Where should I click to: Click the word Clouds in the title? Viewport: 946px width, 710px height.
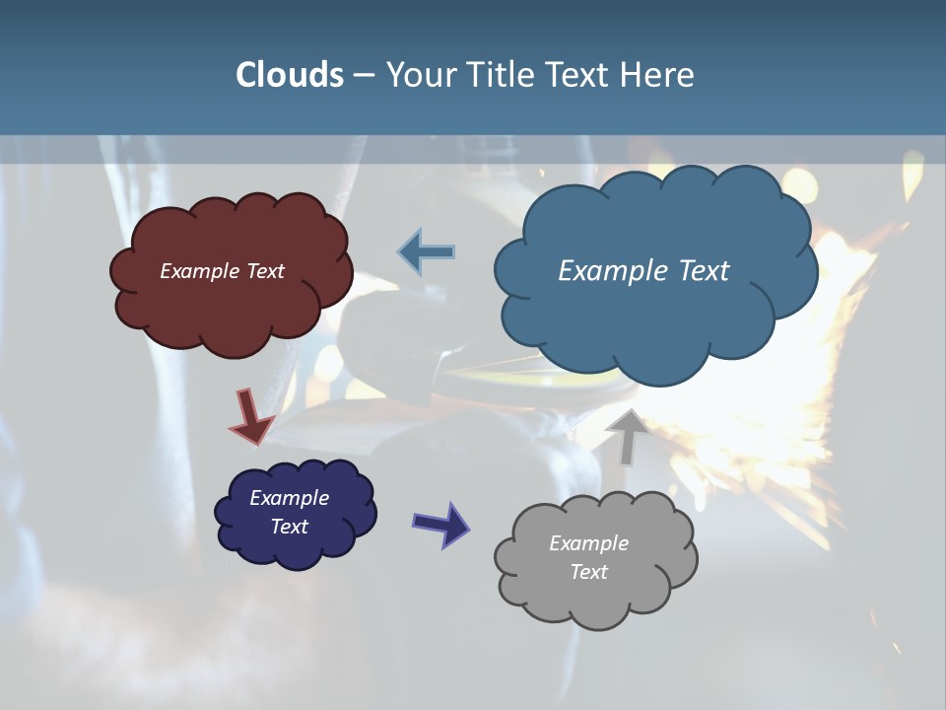290,75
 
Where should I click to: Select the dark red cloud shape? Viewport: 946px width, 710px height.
231,306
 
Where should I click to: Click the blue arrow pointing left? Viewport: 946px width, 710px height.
427,252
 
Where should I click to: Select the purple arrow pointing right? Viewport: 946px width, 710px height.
440,524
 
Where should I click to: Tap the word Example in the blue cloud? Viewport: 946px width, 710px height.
616,271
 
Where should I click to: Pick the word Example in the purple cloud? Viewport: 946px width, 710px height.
289,498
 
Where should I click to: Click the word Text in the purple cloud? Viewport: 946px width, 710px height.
289,527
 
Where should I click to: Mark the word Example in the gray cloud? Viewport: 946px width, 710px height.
588,543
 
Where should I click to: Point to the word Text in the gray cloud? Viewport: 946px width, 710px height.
588,572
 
